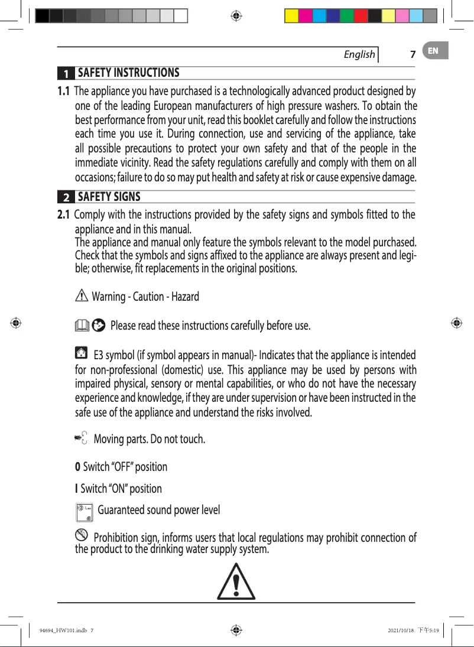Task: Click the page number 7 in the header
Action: tap(413, 55)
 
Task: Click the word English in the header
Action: tap(359, 54)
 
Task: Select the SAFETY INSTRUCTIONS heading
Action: tap(128, 73)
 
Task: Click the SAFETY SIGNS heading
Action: tap(109, 196)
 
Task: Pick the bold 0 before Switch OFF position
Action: tap(77, 467)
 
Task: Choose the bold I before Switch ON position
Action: tap(77, 489)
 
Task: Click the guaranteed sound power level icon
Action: tap(85, 512)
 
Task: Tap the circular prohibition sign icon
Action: tap(82, 536)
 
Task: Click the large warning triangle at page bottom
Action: tap(236, 581)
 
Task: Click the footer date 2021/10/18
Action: tap(397, 630)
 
